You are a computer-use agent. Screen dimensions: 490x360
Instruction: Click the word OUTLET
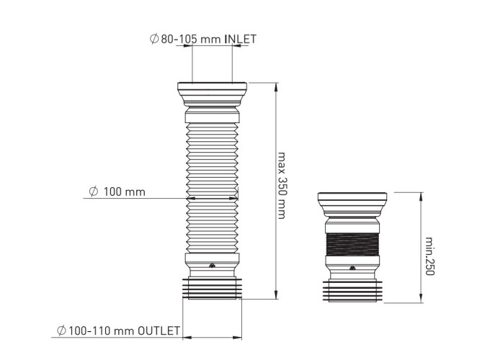(x=159, y=330)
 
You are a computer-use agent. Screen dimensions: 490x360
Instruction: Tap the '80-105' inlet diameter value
(x=179, y=39)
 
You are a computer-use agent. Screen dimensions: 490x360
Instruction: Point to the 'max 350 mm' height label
(x=282, y=186)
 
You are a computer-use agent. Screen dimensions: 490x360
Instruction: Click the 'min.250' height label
(x=430, y=256)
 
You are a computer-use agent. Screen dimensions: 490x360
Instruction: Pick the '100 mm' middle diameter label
(x=125, y=192)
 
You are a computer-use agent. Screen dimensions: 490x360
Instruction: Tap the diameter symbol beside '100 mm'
(x=94, y=192)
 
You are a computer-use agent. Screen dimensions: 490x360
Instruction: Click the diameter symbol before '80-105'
(x=154, y=39)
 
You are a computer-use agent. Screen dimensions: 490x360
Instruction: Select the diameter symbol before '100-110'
(x=61, y=330)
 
